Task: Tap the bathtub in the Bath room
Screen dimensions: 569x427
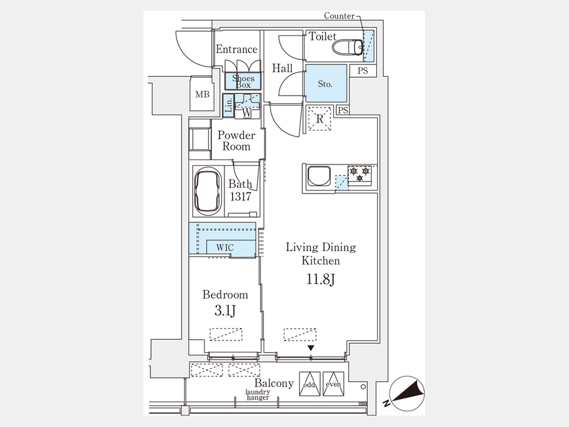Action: [x=208, y=191]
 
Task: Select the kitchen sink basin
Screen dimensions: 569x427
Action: [x=319, y=176]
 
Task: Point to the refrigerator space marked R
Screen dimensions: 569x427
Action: [x=320, y=118]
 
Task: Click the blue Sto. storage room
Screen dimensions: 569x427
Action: [x=326, y=83]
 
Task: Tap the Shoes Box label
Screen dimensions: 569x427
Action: [x=243, y=82]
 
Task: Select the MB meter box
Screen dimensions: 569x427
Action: [x=202, y=94]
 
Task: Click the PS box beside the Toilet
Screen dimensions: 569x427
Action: [x=363, y=70]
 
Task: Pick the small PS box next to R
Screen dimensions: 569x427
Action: [x=343, y=110]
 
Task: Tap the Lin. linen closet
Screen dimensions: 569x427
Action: [x=228, y=105]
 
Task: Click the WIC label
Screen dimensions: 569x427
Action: [x=225, y=247]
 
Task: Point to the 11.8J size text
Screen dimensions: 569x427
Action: [x=321, y=280]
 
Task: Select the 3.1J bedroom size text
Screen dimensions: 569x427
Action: [x=225, y=311]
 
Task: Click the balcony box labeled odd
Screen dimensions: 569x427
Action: [x=310, y=383]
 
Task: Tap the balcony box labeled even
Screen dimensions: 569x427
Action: [x=333, y=383]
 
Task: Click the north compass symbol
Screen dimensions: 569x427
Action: [x=407, y=394]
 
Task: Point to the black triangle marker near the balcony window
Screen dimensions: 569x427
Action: [x=310, y=348]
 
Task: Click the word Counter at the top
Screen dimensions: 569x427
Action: [x=340, y=16]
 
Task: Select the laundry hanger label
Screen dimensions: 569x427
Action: [x=258, y=395]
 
